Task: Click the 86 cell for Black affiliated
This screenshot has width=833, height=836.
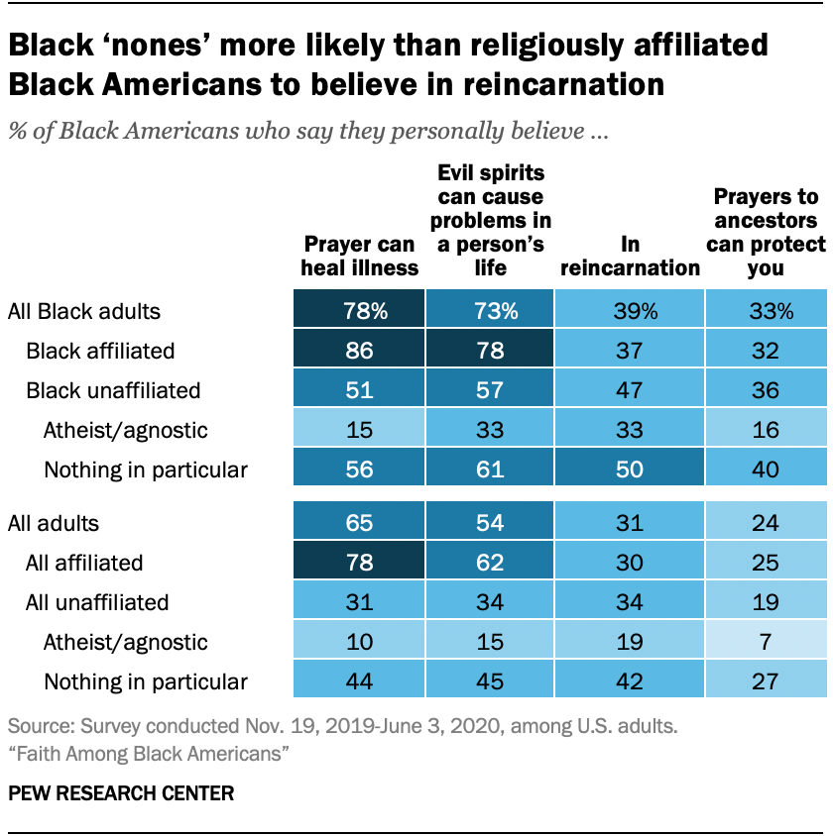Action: pos(359,351)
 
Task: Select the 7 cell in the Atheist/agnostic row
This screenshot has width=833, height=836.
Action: pos(766,642)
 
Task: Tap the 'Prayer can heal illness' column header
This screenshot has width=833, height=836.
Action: pos(360,256)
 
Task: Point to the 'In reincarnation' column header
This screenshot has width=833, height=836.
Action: pos(631,256)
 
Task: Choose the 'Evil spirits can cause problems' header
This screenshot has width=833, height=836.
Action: pos(492,220)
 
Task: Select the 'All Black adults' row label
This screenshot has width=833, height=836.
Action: pos(84,311)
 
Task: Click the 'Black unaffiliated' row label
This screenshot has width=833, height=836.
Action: pos(113,390)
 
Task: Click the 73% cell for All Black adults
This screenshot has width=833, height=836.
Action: pos(492,311)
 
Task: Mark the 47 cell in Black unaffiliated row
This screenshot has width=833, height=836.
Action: pos(629,390)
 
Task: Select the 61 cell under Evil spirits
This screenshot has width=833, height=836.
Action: pos(492,470)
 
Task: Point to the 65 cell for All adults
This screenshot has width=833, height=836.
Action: pos(359,523)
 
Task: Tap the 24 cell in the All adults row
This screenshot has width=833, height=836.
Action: pos(766,523)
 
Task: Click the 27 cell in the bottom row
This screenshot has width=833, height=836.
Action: pos(766,681)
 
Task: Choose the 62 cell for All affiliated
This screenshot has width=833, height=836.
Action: pos(492,563)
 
